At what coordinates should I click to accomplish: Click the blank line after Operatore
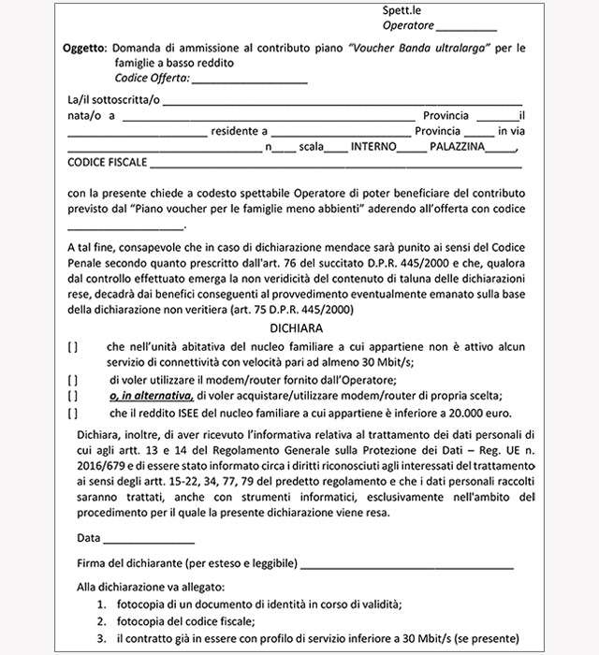[x=467, y=28]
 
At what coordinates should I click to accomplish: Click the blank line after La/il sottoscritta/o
[x=343, y=101]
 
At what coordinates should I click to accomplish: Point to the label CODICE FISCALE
[x=108, y=163]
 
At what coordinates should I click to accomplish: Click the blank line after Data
[x=149, y=540]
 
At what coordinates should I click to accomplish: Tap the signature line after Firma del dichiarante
[x=408, y=565]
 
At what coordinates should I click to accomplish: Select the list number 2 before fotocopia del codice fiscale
[x=100, y=620]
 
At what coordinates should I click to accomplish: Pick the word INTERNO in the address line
[x=373, y=147]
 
